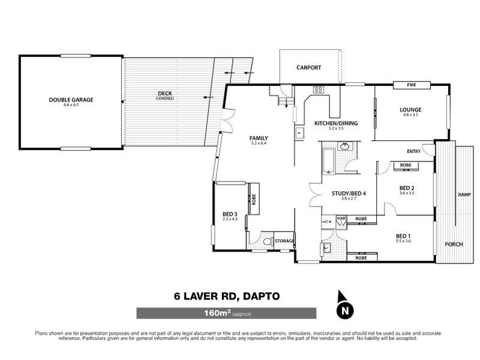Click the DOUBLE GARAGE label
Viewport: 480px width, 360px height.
71,100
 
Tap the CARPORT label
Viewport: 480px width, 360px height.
309,68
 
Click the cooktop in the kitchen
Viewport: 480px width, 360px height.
319,91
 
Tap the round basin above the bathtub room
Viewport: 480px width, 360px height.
346,146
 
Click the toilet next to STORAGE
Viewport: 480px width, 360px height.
271,241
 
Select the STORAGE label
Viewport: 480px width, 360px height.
284,241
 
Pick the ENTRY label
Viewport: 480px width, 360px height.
413,151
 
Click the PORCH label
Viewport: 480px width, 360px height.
453,244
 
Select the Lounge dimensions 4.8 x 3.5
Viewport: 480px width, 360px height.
411,115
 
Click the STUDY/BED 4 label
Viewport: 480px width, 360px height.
349,193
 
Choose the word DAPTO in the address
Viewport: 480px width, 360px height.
259,296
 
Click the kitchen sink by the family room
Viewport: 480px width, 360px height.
298,133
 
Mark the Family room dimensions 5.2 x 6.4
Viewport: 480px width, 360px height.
259,143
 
